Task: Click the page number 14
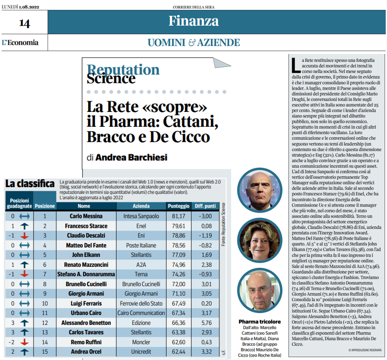pos(24,23)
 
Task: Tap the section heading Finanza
pos(193,21)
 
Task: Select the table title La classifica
pos(30,184)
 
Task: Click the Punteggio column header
pos(179,206)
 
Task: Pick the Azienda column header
pos(141,206)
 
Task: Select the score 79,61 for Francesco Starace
pos(178,226)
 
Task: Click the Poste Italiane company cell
pos(141,245)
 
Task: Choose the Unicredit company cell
pos(141,351)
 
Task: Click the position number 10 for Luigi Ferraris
pos(45,303)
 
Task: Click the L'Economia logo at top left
pos(20,43)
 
